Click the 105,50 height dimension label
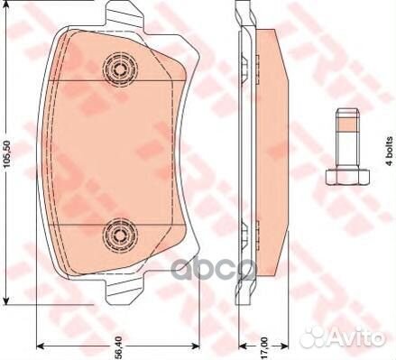pyautogui.click(x=7, y=153)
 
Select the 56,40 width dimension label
pyautogui.click(x=119, y=347)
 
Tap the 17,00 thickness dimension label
pyautogui.click(x=264, y=347)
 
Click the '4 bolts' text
pyautogui.click(x=390, y=151)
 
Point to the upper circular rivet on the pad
pyautogui.click(x=120, y=69)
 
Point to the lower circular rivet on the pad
pyautogui.click(x=120, y=235)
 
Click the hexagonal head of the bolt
pyautogui.click(x=347, y=177)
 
